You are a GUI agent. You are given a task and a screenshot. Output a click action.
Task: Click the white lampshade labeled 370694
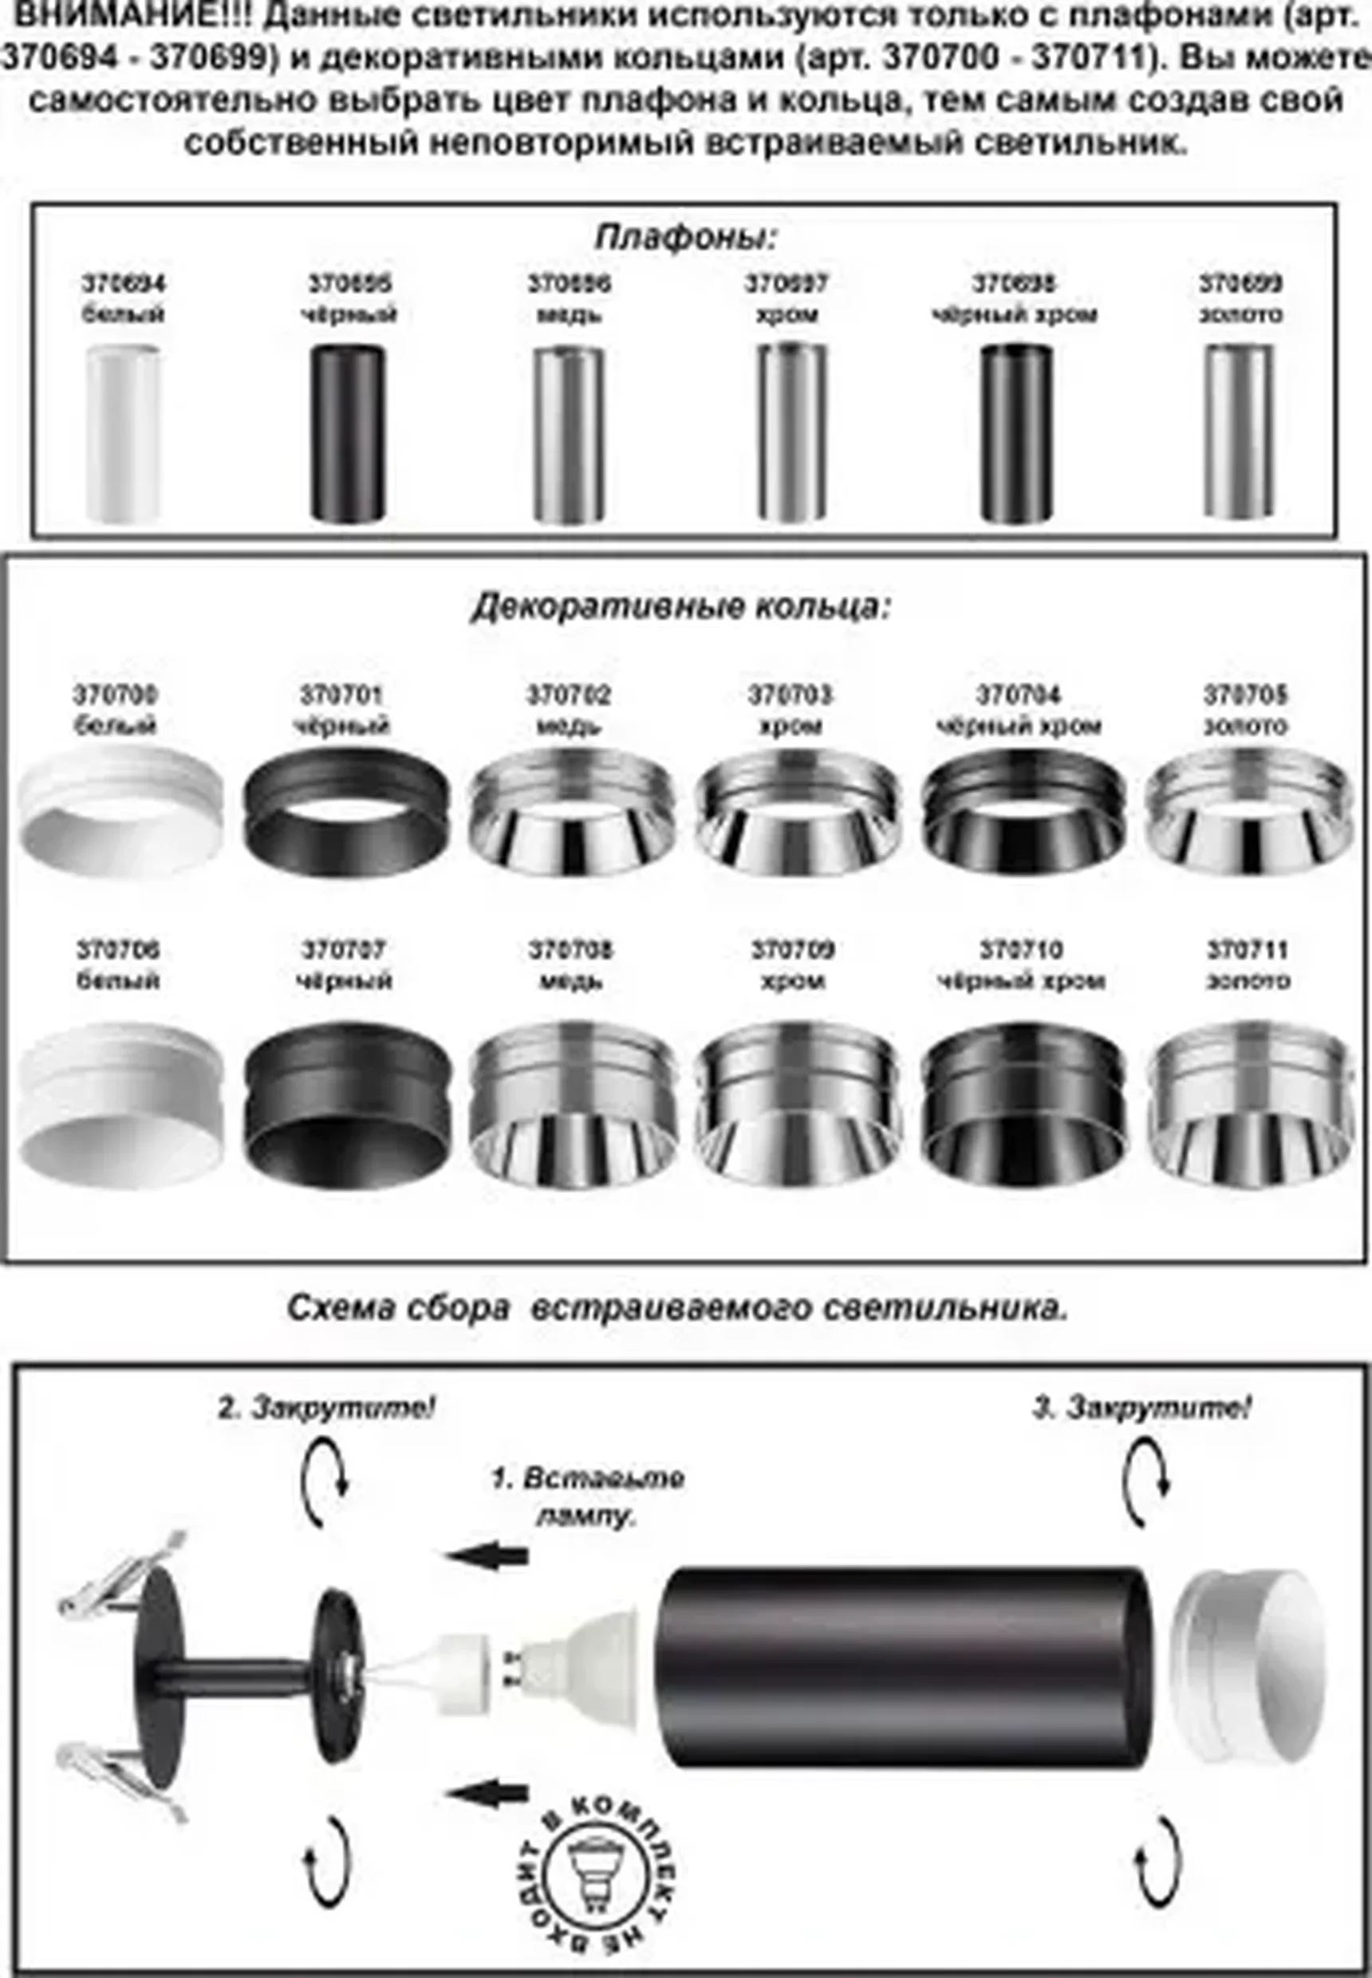pyautogui.click(x=123, y=433)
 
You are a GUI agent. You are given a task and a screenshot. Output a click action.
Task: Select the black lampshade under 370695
pyautogui.click(x=347, y=433)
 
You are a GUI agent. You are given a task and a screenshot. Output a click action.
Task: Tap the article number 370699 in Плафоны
pyautogui.click(x=1240, y=283)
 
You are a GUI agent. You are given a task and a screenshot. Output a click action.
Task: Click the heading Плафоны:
pyautogui.click(x=685, y=237)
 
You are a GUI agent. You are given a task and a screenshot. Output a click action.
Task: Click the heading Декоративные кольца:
pyautogui.click(x=681, y=607)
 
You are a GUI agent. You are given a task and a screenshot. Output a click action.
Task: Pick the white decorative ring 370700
pyautogui.click(x=120, y=808)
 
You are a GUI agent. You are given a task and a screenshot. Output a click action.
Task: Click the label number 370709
pyautogui.click(x=793, y=950)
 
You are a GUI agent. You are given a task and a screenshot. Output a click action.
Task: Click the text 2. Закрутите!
pyautogui.click(x=327, y=1409)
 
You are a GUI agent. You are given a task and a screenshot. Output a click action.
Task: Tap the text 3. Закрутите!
pyautogui.click(x=1141, y=1409)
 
